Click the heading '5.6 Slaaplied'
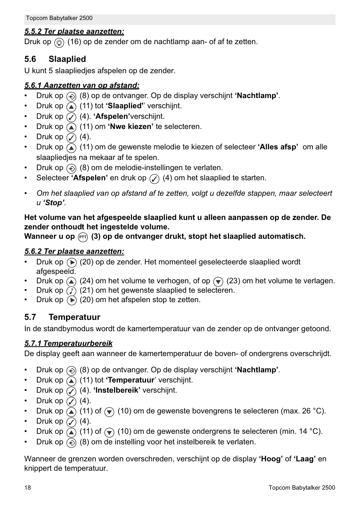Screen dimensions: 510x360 coord(55,59)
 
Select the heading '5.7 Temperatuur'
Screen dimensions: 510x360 coord(62,317)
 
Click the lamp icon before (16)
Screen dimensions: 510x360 coord(59,43)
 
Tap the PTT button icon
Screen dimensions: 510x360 coord(83,237)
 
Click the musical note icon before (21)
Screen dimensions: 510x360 coord(71,291)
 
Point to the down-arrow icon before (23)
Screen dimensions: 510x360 coord(218,281)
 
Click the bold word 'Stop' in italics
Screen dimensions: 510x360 coord(54,203)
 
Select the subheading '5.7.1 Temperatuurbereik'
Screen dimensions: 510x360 coord(68,343)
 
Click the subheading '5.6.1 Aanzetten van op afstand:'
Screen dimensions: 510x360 coord(82,86)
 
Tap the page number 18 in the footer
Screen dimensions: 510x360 coord(28,487)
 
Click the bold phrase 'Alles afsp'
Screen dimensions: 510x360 coord(278,147)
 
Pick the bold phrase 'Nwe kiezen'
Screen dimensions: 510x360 coord(131,127)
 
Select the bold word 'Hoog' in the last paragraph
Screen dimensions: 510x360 coord(271,459)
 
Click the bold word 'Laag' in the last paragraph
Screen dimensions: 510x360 coord(305,459)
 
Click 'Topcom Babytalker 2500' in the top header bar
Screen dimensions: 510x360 coord(59,18)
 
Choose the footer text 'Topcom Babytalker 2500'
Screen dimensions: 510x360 coord(302,487)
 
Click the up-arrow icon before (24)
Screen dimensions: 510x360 coord(71,281)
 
